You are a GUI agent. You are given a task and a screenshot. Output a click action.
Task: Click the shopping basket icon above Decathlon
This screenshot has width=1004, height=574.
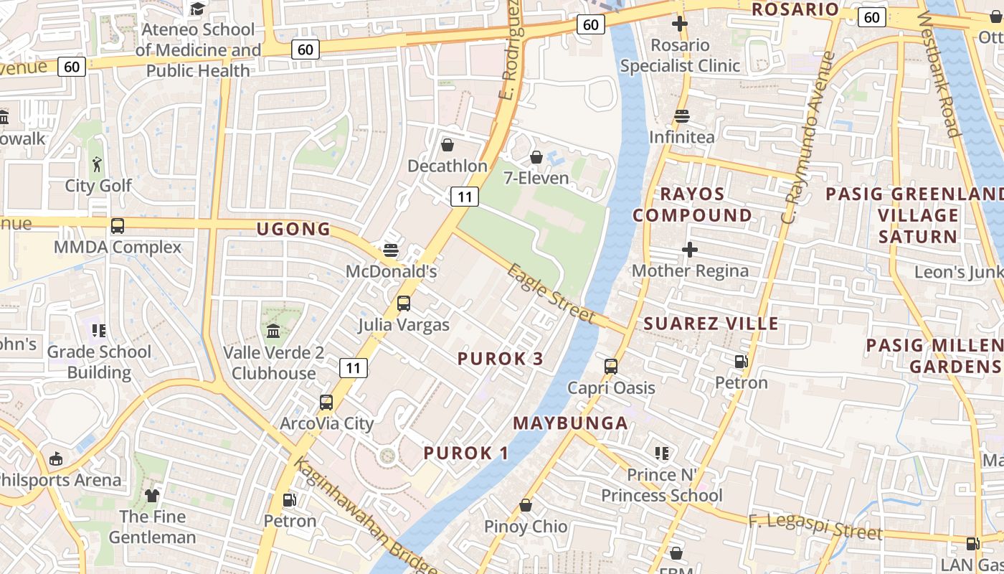[447, 146]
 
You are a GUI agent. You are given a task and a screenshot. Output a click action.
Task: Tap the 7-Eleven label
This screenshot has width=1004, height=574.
[536, 178]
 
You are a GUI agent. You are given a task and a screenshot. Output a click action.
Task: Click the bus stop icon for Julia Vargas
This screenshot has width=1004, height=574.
[404, 304]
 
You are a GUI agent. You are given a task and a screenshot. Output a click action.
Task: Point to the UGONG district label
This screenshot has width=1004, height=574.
[294, 230]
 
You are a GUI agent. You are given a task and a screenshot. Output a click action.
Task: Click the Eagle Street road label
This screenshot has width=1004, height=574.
[551, 293]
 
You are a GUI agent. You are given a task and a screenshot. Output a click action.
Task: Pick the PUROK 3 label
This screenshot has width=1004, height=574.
[501, 359]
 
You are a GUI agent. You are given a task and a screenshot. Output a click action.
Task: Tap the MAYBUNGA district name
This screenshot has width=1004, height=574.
[571, 423]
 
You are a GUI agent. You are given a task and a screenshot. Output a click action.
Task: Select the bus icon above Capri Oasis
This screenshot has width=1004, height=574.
[611, 367]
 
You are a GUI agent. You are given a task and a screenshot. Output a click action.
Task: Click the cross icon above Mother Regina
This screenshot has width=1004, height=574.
[690, 250]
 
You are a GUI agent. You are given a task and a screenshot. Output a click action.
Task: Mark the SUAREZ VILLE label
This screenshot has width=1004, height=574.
[711, 324]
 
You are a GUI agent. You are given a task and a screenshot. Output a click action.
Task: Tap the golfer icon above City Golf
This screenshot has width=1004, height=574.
[97, 164]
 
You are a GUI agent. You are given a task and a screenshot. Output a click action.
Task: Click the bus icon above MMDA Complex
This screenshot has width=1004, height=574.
[118, 226]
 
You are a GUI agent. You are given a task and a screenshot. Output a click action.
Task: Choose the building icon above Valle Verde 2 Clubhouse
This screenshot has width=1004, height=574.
[273, 331]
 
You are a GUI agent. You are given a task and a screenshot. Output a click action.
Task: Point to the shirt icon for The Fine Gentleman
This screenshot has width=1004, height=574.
[152, 495]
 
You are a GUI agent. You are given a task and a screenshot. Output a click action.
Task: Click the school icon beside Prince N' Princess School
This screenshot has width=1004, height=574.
[662, 453]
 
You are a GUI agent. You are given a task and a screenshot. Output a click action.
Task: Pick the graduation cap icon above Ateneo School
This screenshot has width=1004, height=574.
[197, 9]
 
